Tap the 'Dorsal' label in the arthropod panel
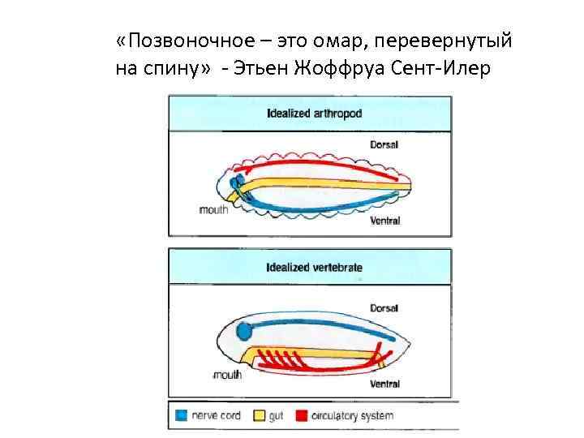point(384,144)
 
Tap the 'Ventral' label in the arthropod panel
point(384,220)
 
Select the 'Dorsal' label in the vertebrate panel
point(384,308)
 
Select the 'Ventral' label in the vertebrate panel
point(384,383)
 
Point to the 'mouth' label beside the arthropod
point(213,208)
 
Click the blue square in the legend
point(182,415)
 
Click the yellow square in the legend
point(259,415)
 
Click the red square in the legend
point(301,415)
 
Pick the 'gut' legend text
point(277,416)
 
